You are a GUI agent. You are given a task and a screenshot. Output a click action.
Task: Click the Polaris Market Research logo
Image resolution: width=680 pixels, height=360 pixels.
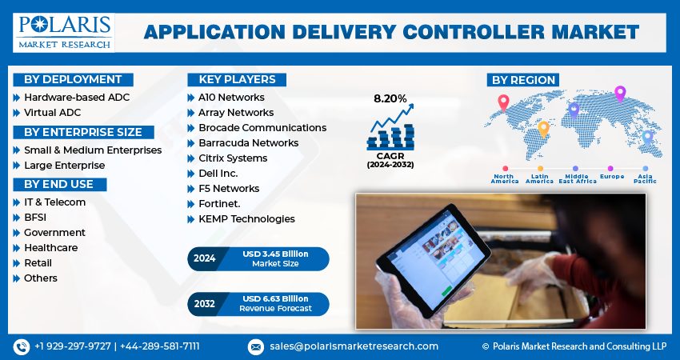(63, 30)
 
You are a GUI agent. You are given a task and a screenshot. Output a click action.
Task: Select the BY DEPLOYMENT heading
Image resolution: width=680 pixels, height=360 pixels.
(73, 79)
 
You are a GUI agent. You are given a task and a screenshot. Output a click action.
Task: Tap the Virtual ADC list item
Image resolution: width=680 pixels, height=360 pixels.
(53, 113)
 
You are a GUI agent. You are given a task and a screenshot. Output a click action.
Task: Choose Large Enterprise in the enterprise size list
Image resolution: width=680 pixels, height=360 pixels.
(64, 166)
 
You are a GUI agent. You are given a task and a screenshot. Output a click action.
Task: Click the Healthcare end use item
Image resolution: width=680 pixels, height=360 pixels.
(50, 248)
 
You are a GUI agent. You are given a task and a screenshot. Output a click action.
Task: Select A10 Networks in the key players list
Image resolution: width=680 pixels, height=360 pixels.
(231, 98)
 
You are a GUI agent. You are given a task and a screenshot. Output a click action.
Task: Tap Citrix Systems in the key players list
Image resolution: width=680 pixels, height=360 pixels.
(233, 158)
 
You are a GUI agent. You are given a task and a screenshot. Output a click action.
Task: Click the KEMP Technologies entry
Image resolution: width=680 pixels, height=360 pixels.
(246, 219)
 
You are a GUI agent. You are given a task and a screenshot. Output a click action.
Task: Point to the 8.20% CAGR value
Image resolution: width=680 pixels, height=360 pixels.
(390, 99)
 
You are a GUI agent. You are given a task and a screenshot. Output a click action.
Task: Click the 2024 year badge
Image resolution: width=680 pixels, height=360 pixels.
(205, 258)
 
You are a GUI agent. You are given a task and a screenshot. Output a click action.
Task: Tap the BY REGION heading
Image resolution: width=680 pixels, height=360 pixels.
(522, 80)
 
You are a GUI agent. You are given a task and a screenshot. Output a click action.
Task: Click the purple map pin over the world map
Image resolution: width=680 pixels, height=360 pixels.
(619, 93)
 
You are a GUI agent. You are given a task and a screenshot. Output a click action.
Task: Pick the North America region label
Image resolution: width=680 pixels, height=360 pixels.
(504, 178)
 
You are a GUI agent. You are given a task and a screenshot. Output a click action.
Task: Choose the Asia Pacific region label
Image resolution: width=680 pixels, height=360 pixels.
(645, 178)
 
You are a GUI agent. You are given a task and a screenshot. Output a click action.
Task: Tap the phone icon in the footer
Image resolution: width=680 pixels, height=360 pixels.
(21, 346)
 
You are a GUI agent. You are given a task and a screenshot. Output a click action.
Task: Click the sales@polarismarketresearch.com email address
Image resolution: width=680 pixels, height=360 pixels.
(353, 346)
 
